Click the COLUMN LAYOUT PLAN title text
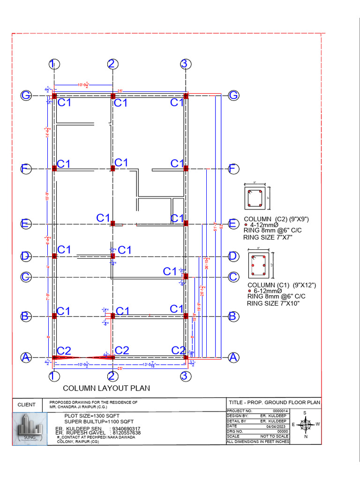[x=106, y=388]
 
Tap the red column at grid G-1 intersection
[x=54, y=96]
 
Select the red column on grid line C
[x=186, y=276]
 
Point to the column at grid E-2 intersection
[x=112, y=223]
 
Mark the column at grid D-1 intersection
[x=54, y=256]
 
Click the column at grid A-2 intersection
[x=112, y=357]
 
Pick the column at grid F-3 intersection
[x=186, y=168]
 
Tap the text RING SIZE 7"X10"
[x=273, y=303]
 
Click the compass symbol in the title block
[x=305, y=425]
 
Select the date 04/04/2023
[x=276, y=426]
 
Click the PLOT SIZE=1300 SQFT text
[x=92, y=416]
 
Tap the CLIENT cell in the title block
[x=27, y=405]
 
